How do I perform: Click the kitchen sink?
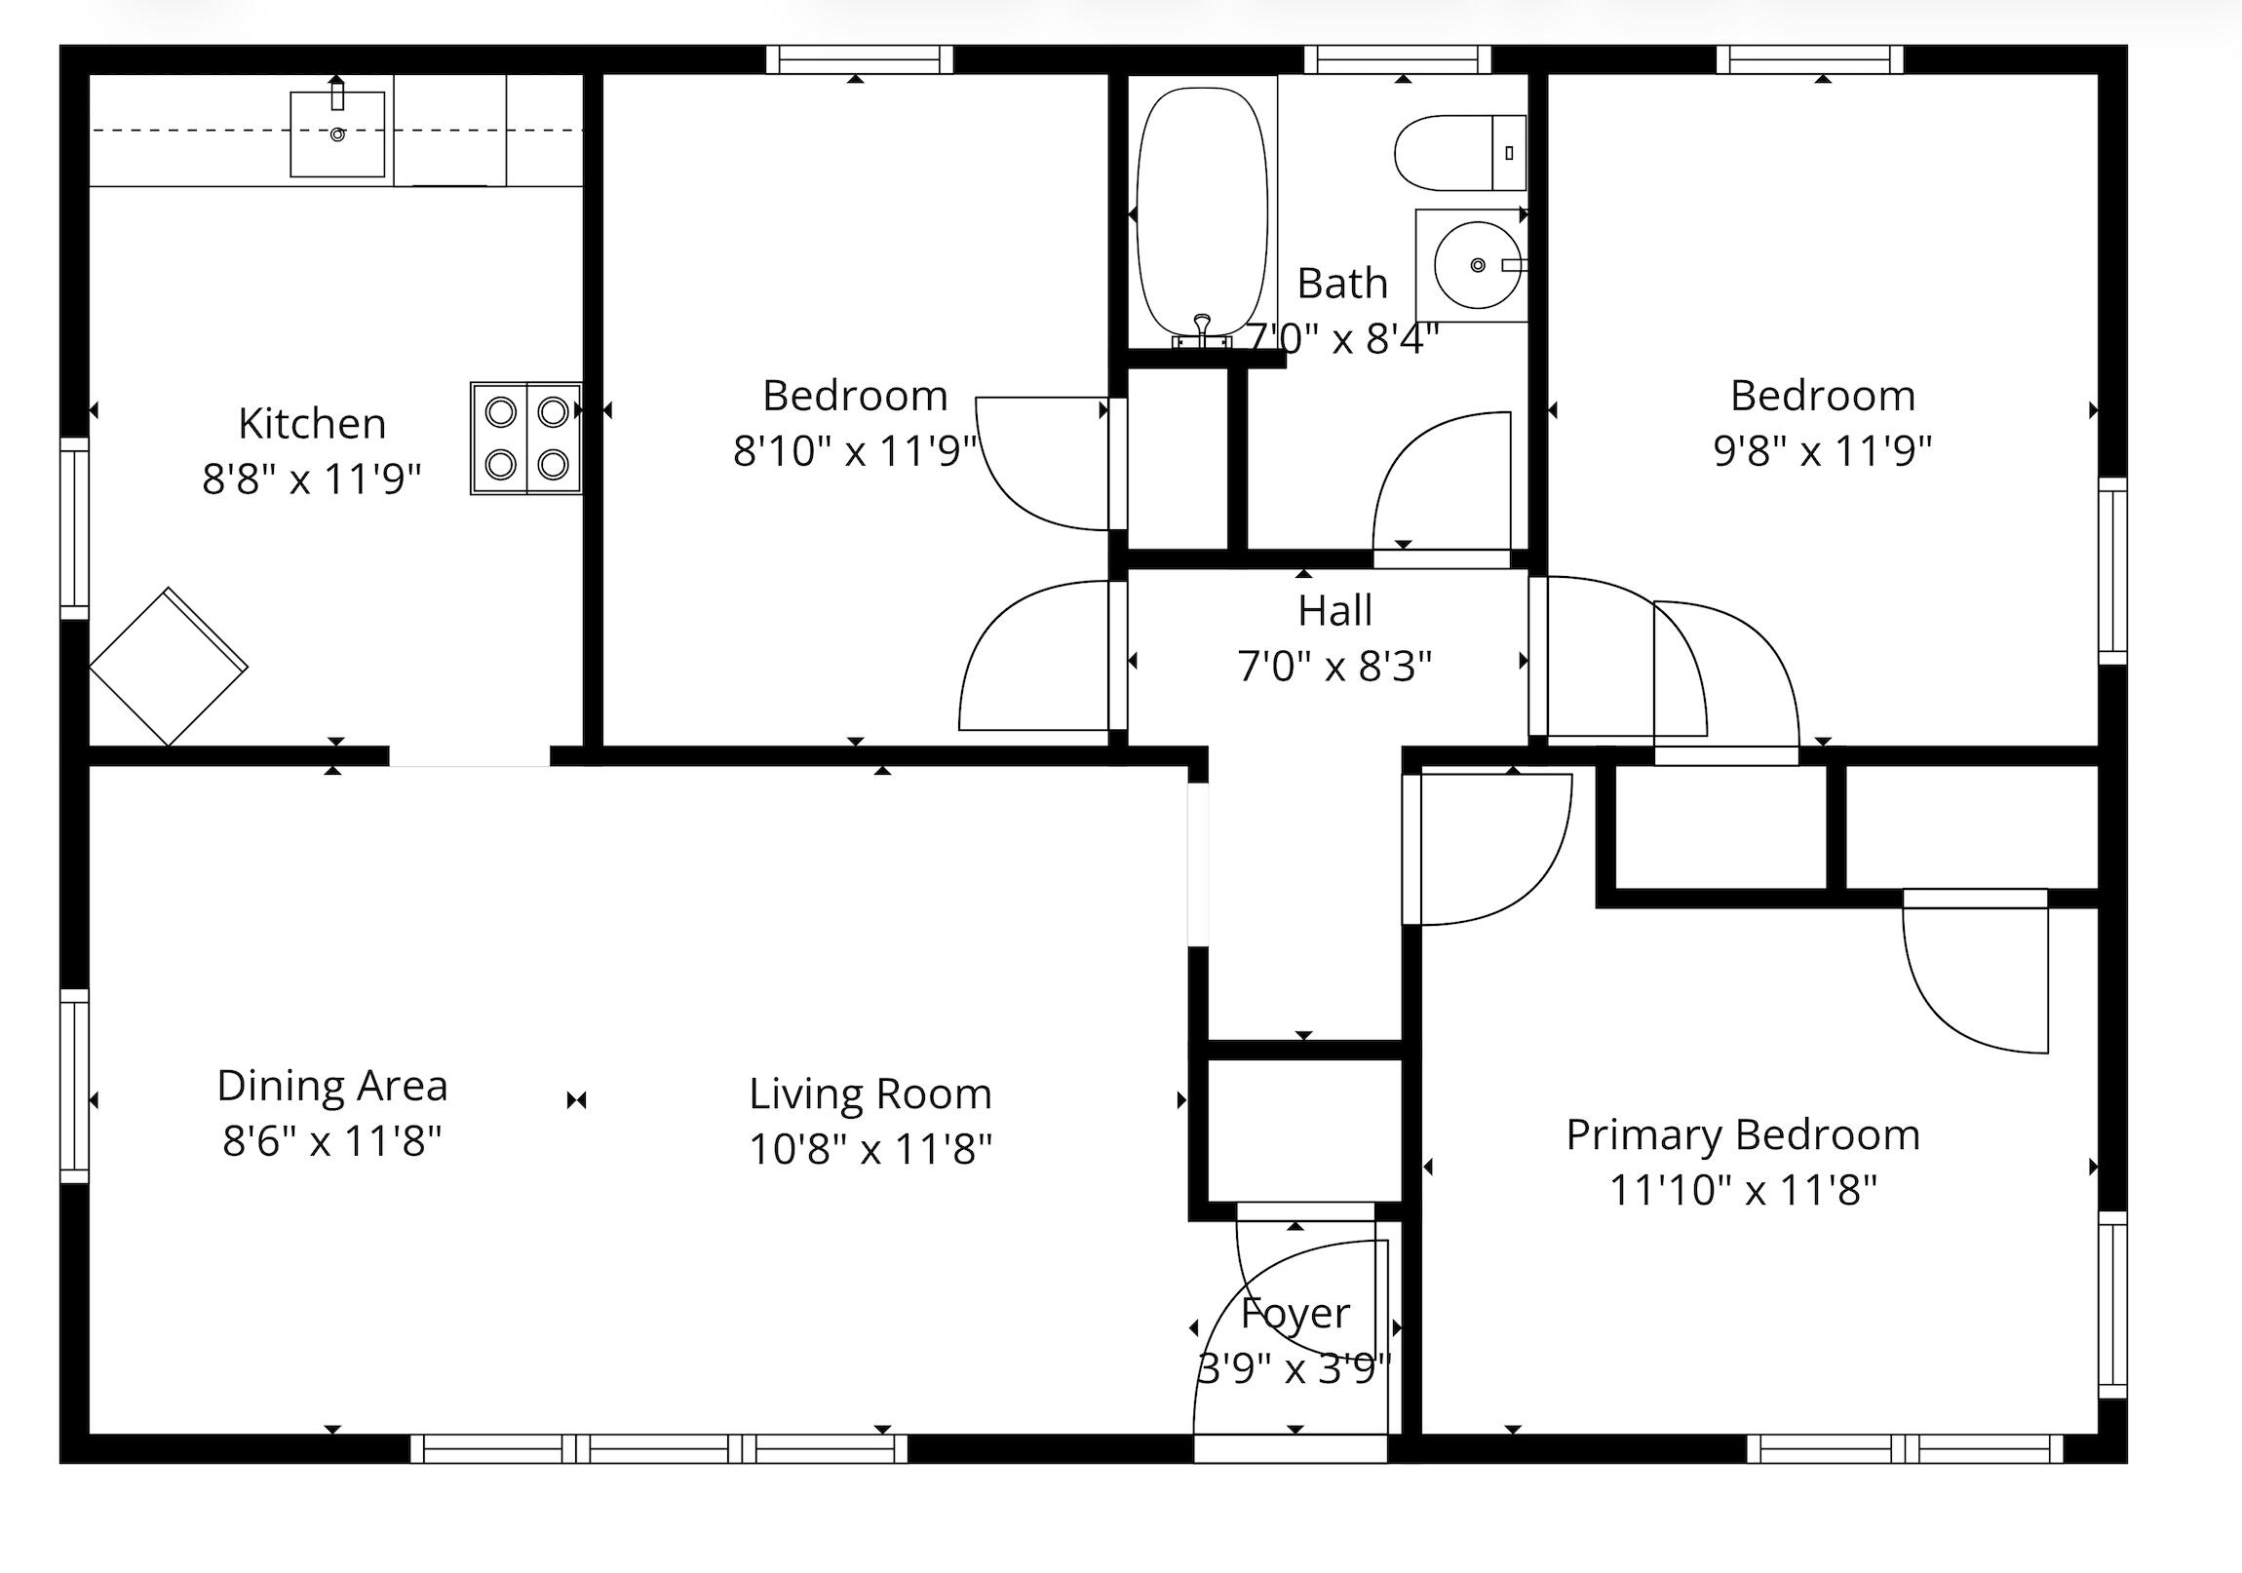click(337, 133)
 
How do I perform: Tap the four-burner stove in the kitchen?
click(526, 439)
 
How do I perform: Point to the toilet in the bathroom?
click(1460, 153)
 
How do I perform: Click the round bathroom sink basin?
click(1478, 265)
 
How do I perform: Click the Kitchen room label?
click(313, 424)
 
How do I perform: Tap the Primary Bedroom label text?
click(1743, 1135)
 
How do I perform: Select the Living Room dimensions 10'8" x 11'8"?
click(870, 1149)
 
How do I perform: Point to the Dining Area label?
click(332, 1086)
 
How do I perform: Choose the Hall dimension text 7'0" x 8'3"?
click(1334, 667)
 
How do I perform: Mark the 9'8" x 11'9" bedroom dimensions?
click(1822, 451)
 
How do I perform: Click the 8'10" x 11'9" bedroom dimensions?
click(856, 451)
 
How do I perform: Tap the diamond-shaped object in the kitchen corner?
click(168, 667)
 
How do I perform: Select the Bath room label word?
click(1341, 284)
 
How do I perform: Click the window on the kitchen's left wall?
click(74, 528)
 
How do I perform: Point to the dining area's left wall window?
click(74, 1086)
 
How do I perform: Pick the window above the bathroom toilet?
click(1404, 59)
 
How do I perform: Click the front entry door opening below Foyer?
click(1291, 1449)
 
